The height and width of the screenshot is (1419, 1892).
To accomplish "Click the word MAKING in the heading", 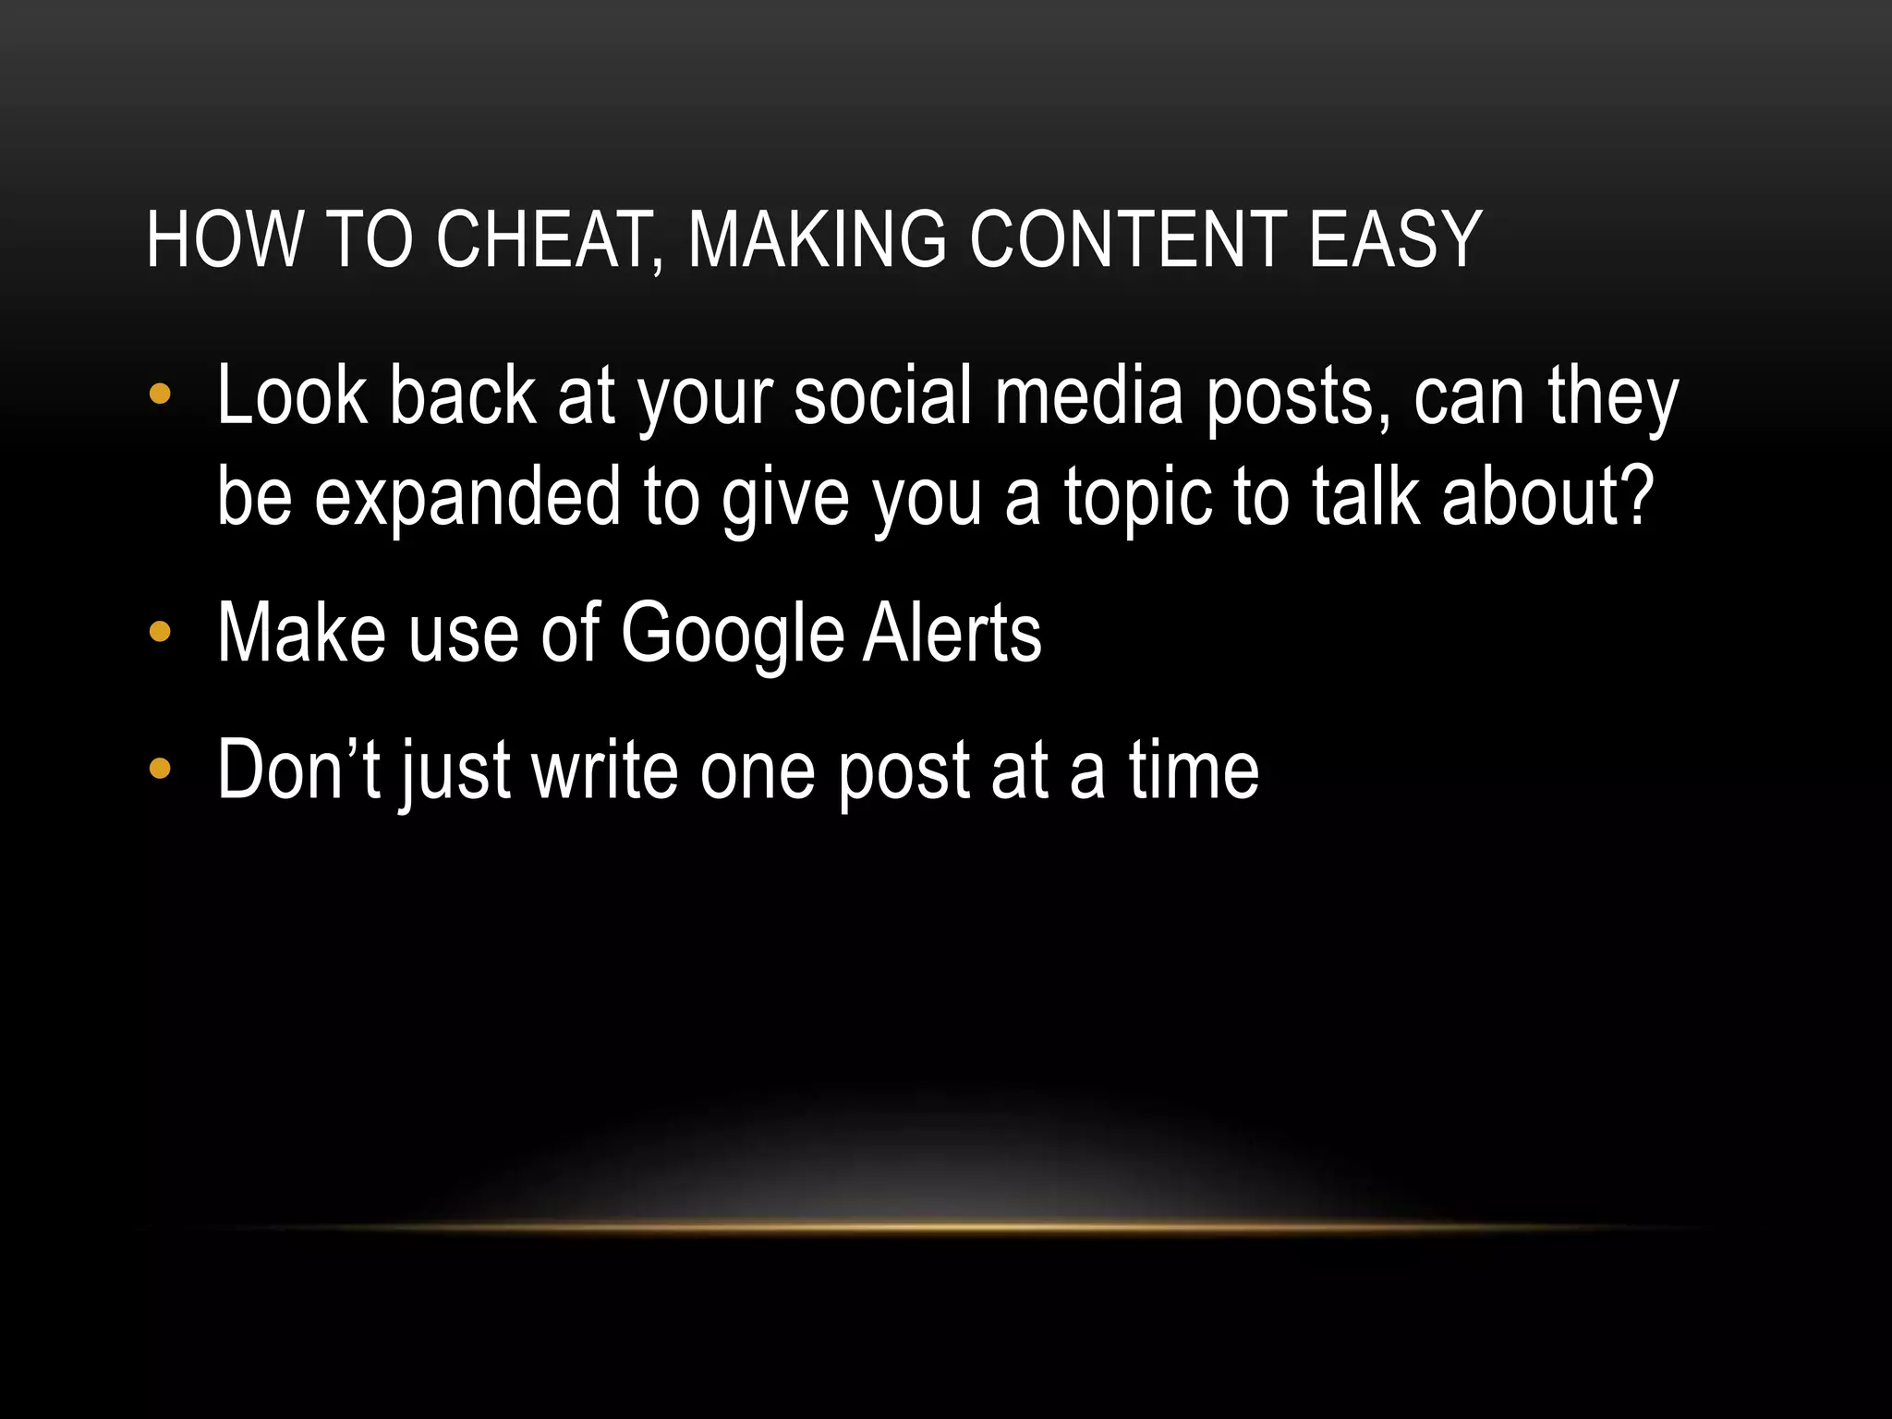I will pyautogui.click(x=817, y=240).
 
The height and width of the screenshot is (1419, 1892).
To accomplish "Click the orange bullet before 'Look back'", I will pyautogui.click(x=160, y=395).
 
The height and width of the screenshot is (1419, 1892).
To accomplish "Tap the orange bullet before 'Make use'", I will pyautogui.click(x=160, y=632).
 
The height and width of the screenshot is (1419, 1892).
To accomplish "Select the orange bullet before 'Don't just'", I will pyautogui.click(x=160, y=769).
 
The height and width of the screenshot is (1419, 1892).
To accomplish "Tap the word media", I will pyautogui.click(x=1088, y=397).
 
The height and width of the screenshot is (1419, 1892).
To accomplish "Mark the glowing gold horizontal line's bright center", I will pyautogui.click(x=952, y=1227).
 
